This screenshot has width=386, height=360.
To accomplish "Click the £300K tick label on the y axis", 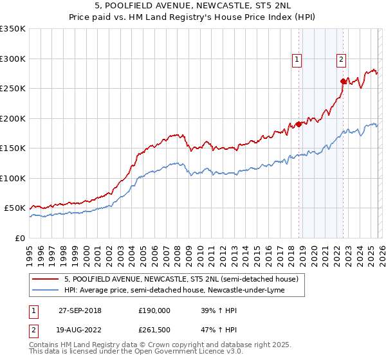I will (x=12, y=59).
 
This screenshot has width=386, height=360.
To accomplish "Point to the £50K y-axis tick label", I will (x=14, y=208).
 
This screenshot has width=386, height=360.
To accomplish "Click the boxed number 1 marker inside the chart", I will (x=297, y=60).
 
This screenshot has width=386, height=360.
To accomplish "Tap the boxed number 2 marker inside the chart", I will (x=341, y=60).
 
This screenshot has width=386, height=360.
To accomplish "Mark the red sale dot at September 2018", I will (x=299, y=124).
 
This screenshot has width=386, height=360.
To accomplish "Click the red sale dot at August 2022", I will (x=343, y=81).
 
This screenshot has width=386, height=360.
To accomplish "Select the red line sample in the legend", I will (x=46, y=280).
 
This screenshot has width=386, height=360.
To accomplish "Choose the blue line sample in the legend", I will (x=46, y=291).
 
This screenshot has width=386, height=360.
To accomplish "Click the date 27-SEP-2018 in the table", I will (x=80, y=310).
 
